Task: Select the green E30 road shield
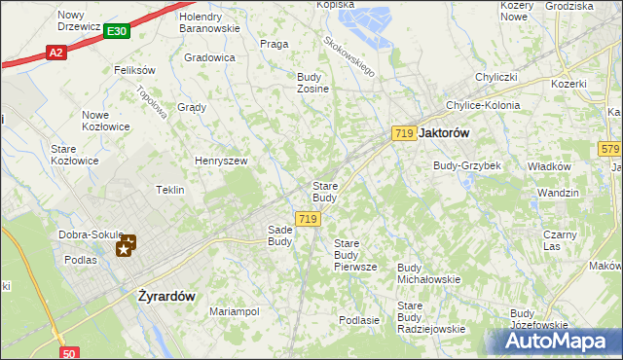[x=117, y=32]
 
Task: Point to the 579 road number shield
[x=610, y=148]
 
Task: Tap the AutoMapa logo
[x=562, y=342]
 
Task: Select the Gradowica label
[x=210, y=57]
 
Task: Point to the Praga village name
[x=274, y=44]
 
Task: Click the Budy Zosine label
[x=312, y=82]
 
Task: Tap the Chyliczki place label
[x=495, y=77]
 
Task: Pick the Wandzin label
[x=558, y=193]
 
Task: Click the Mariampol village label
[x=234, y=311]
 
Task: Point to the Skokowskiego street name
[x=350, y=54]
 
